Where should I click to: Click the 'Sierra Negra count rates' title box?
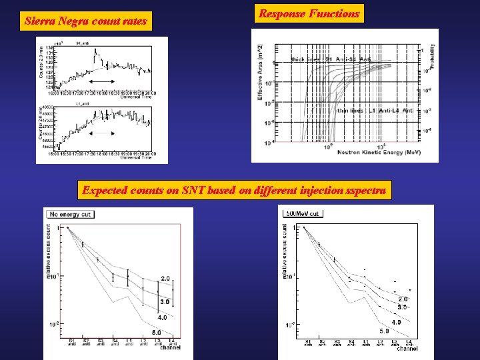coord(85,21)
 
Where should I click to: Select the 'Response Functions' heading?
coord(309,13)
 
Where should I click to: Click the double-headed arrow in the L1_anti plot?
coord(103,133)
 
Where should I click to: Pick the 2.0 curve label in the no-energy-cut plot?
coord(165,279)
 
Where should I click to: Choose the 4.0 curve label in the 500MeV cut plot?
coord(396,323)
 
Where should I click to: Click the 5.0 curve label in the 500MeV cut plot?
coord(385,331)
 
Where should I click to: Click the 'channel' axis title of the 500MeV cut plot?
coord(407,349)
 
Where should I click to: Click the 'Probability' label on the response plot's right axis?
coord(432,57)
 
